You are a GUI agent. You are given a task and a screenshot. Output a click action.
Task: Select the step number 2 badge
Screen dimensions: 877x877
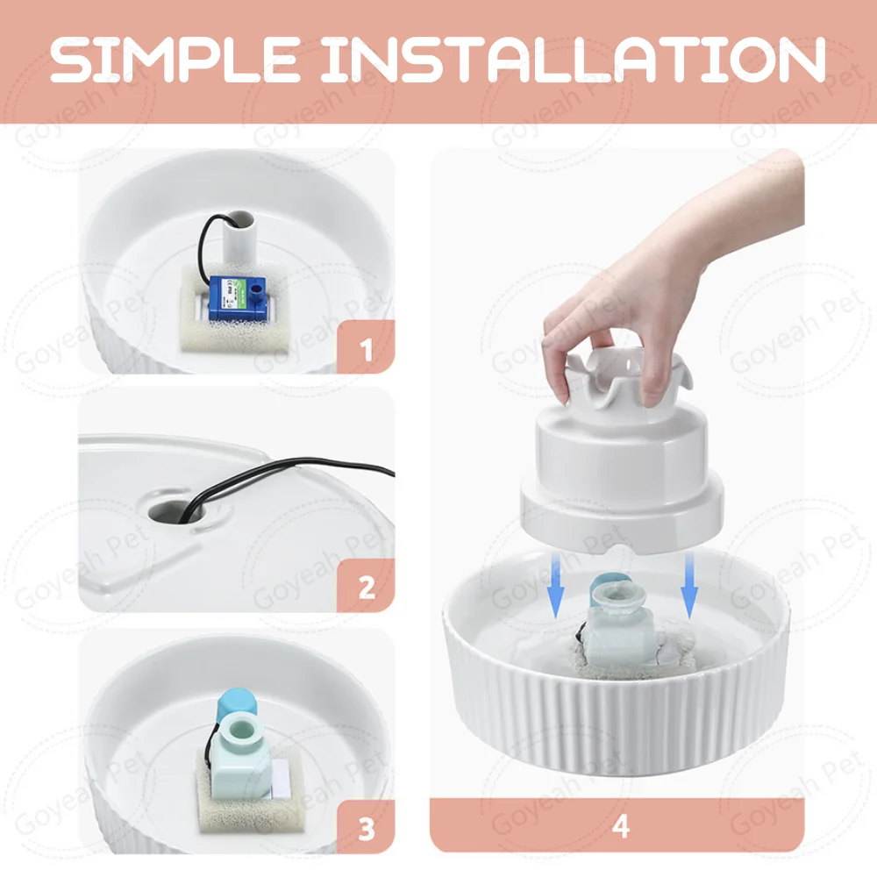(366, 587)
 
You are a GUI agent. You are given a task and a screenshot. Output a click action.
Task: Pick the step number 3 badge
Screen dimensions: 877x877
(366, 827)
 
